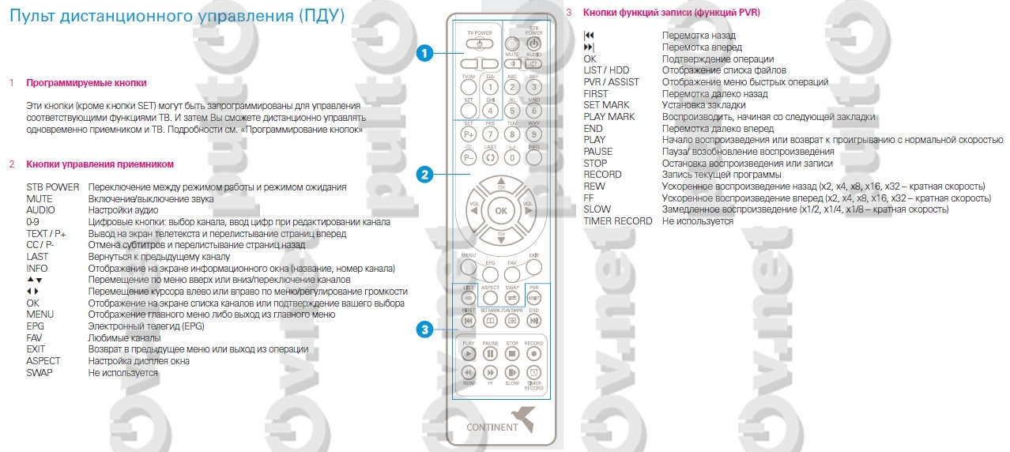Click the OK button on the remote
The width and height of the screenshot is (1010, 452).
[500, 211]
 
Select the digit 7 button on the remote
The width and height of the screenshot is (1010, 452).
[490, 135]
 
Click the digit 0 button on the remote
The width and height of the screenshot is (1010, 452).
[511, 156]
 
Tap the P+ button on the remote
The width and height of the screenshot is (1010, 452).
[468, 135]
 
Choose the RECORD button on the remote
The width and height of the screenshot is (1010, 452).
[533, 353]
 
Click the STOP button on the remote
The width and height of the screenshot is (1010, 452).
[511, 353]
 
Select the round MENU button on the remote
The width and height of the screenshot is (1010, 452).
[469, 267]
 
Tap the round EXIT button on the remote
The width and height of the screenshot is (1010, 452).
[533, 267]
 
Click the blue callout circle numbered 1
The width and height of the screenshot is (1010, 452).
[424, 54]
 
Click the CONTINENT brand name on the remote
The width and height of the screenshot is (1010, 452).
[492, 428]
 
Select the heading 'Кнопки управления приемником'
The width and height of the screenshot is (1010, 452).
[100, 164]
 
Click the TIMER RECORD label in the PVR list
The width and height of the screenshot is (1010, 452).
[617, 221]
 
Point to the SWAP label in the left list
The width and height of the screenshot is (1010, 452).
[41, 372]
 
